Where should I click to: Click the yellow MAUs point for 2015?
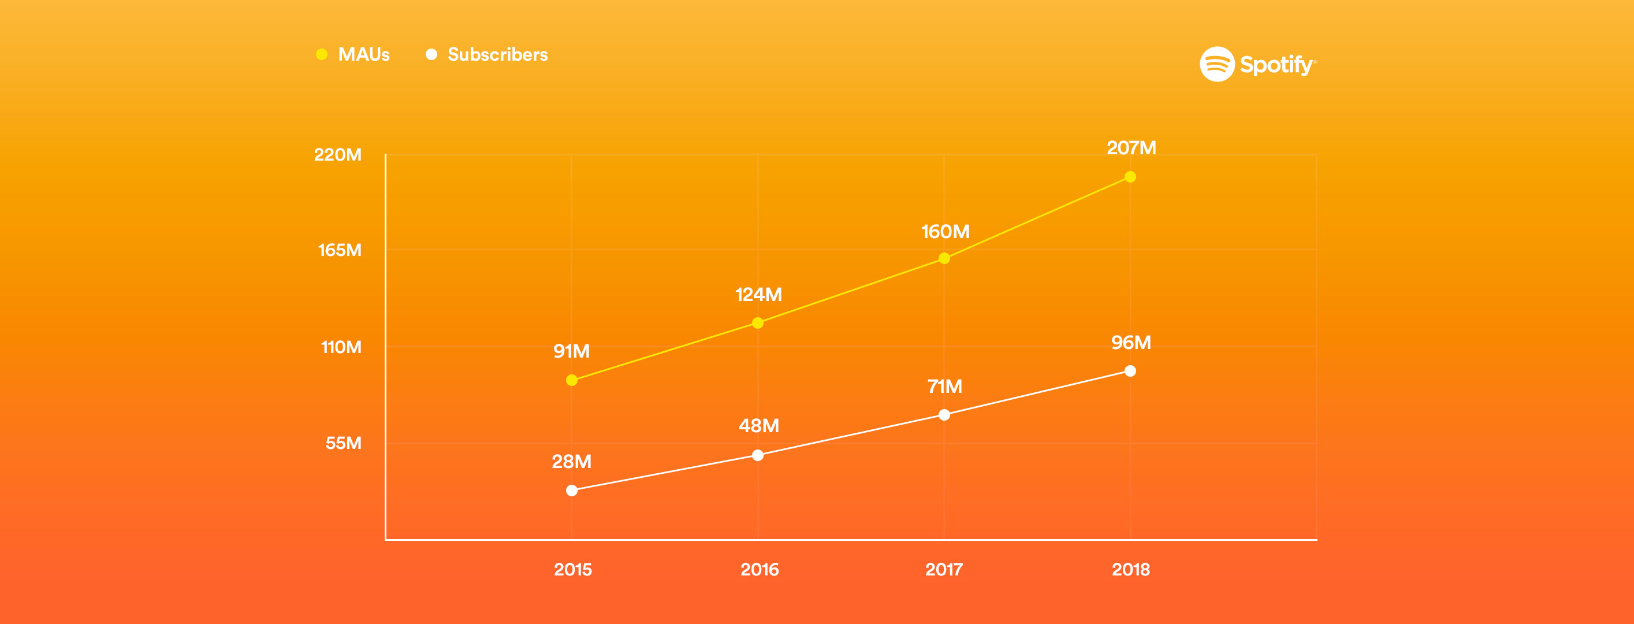(571, 380)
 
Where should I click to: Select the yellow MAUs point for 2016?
(757, 323)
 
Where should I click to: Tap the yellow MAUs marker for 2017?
(944, 258)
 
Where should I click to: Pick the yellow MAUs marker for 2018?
(1130, 177)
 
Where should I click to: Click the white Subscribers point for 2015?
(571, 491)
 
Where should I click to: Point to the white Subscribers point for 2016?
(757, 455)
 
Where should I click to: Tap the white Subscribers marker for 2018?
(1130, 371)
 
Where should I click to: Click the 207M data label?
(1131, 148)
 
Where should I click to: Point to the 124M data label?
(758, 295)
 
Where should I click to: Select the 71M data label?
(944, 386)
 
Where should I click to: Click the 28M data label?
(571, 462)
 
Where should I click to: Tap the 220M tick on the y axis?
(337, 155)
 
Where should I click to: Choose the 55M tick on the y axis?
(343, 443)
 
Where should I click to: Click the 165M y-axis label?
(340, 250)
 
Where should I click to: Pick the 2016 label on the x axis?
(760, 570)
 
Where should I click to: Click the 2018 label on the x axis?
(1130, 570)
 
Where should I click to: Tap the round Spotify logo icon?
(1216, 64)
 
